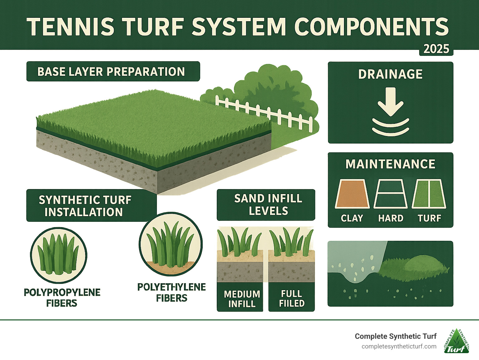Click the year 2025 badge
pos(436,49)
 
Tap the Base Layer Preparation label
pos(113,71)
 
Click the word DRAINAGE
pos(390,74)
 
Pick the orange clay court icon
pos(352,194)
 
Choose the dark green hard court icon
pos(390,194)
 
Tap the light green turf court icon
pos(429,194)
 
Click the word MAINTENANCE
pos(390,164)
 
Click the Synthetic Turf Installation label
pos(85,206)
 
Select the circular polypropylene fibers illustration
pos(59,255)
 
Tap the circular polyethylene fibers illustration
pos(171,244)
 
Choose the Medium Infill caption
pos(242,299)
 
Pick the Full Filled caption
pos(292,299)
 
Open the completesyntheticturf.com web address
pos(399,347)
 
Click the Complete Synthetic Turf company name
pos(395,336)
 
